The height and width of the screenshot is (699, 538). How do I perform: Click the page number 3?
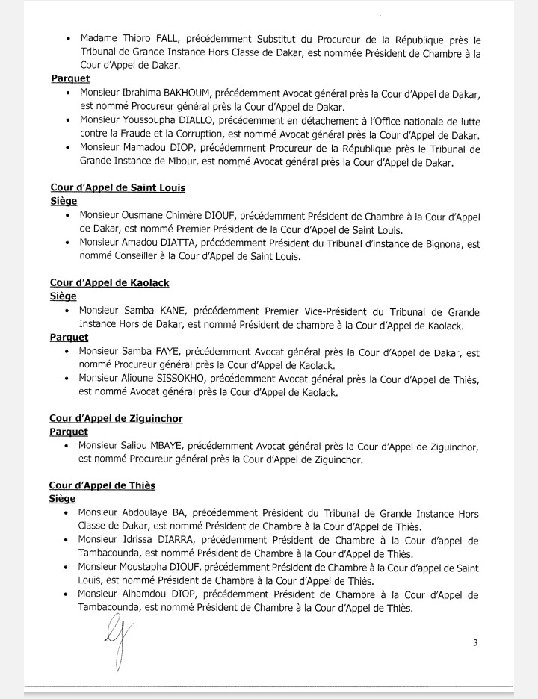click(x=475, y=642)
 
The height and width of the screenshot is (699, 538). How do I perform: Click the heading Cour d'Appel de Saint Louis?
click(x=117, y=188)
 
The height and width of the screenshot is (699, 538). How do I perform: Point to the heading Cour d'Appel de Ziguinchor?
click(x=116, y=419)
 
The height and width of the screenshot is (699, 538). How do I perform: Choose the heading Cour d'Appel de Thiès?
click(x=102, y=485)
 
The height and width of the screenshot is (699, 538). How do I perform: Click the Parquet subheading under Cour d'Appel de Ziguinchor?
click(x=69, y=432)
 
